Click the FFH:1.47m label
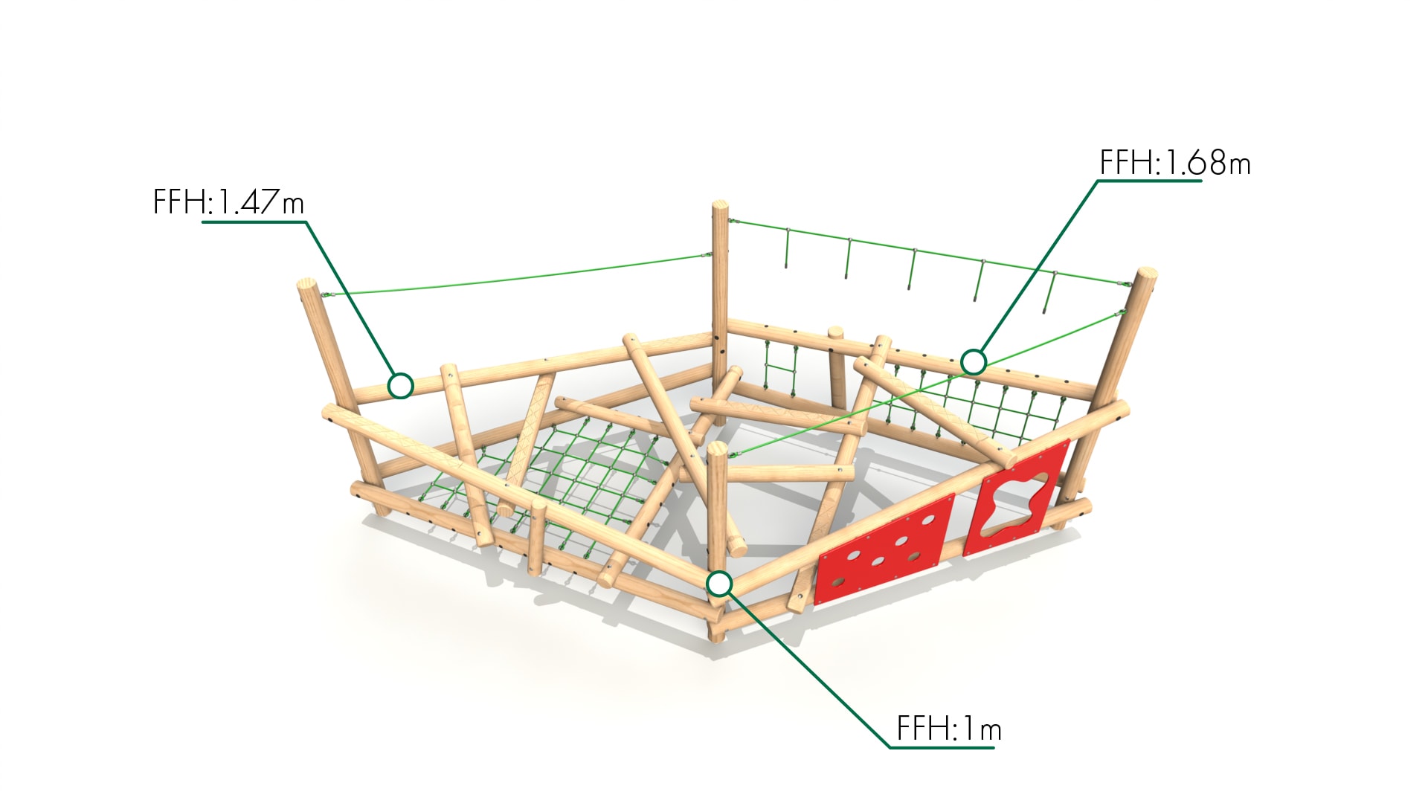pos(228,202)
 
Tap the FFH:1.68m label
pos(1175,163)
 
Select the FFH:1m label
pos(949,729)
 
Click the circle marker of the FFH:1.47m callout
pos(401,386)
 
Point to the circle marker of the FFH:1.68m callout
pos(974,362)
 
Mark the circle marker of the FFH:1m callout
pos(719,584)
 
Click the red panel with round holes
pos(884,548)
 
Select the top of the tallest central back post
pos(720,205)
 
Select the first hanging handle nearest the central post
pos(786,248)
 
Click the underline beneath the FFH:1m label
pos(942,746)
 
